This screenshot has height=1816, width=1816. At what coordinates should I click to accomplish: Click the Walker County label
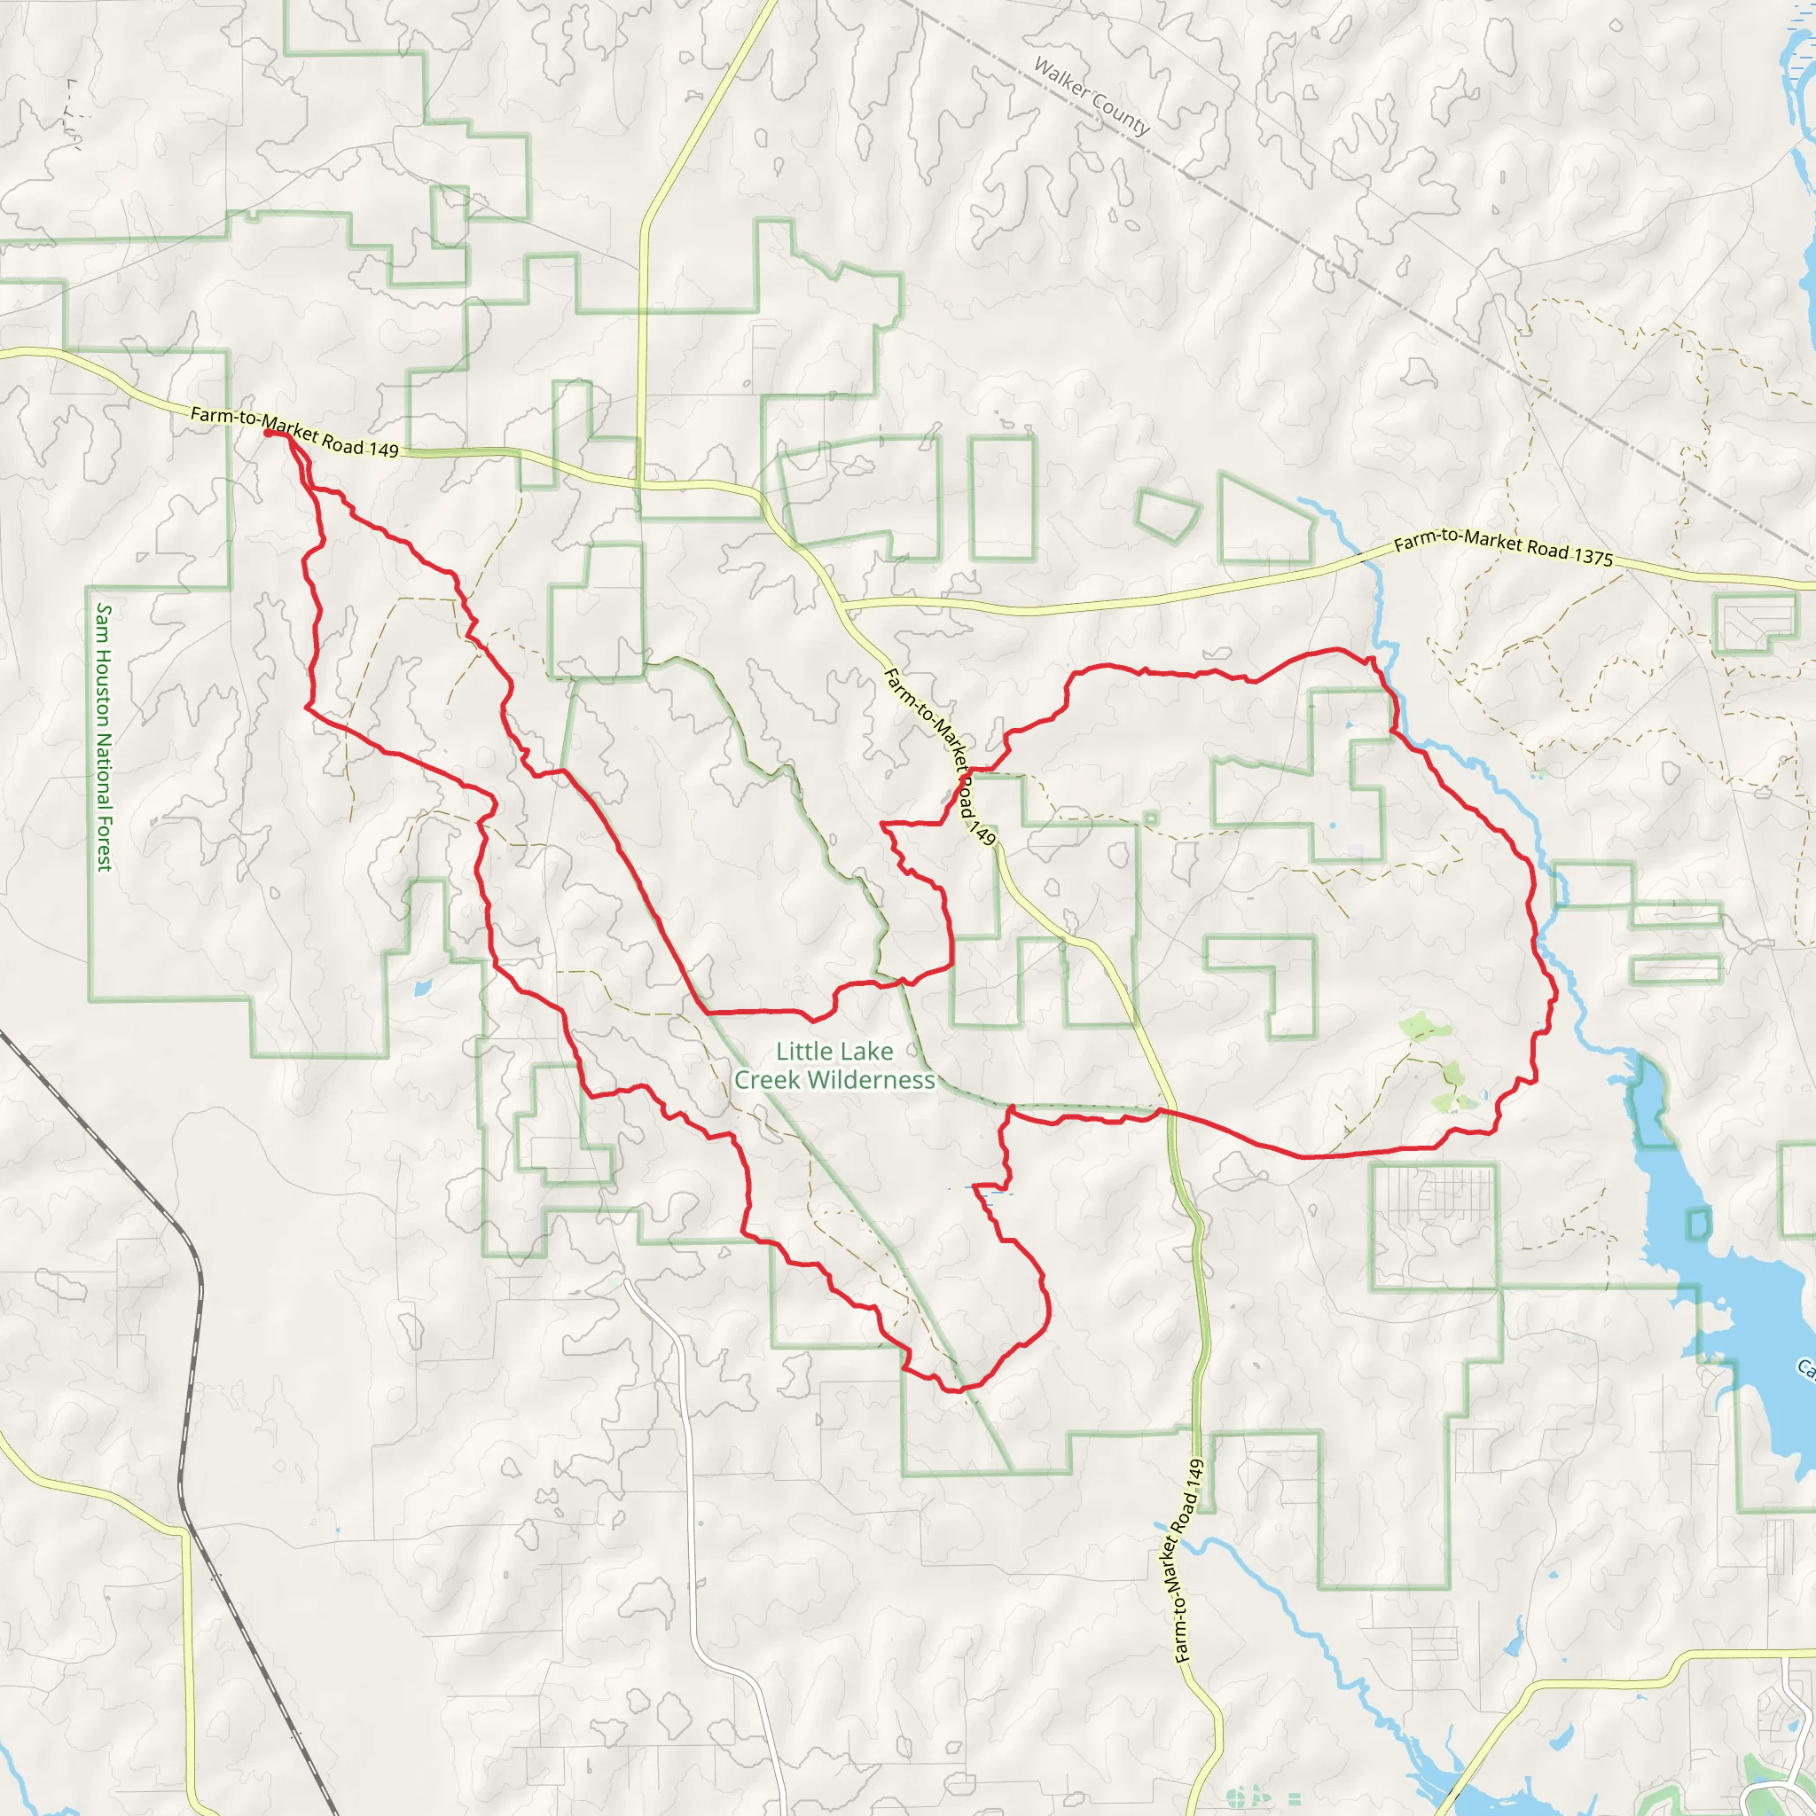(1092, 96)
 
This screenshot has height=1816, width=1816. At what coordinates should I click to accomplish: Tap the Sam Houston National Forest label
(105, 737)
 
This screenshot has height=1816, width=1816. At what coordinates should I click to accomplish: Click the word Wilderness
(834, 1080)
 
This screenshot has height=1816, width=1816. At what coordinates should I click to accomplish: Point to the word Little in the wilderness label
(802, 1051)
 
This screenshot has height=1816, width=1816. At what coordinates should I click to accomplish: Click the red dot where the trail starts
(269, 434)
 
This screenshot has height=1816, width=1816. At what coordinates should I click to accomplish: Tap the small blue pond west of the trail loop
(422, 988)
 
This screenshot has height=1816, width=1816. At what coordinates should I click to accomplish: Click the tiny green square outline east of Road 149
(1150, 818)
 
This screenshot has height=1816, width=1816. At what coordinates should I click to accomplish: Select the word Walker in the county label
(1061, 77)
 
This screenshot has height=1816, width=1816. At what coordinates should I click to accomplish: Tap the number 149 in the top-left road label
(383, 450)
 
